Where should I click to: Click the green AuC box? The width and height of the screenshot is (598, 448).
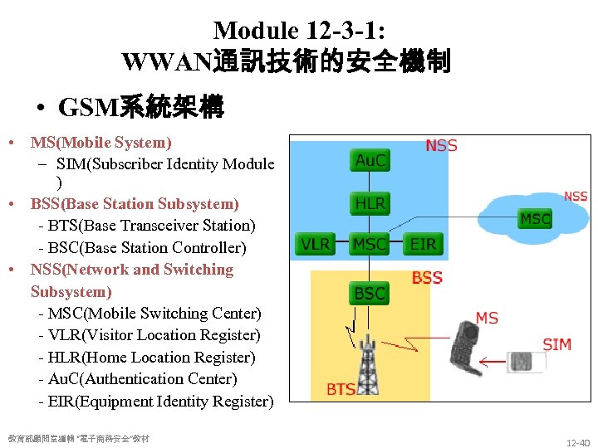pyautogui.click(x=370, y=160)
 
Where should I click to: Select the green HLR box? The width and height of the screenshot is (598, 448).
pyautogui.click(x=370, y=203)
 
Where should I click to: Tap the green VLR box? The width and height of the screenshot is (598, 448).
pyautogui.click(x=315, y=244)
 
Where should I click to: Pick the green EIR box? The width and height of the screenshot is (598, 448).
pyautogui.click(x=423, y=244)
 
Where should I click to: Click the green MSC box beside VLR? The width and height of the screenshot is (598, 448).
pyautogui.click(x=370, y=244)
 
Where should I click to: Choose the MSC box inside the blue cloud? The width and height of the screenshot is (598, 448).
pyautogui.click(x=535, y=219)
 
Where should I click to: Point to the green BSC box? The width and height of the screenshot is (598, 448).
pyautogui.click(x=370, y=293)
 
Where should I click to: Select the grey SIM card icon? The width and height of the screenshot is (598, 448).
pyautogui.click(x=522, y=362)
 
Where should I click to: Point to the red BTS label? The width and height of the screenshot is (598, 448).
pyautogui.click(x=341, y=388)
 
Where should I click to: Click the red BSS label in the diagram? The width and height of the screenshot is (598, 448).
pyautogui.click(x=427, y=278)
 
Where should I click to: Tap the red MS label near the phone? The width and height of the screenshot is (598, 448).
pyautogui.click(x=487, y=317)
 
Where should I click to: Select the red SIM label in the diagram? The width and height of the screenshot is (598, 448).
pyautogui.click(x=556, y=344)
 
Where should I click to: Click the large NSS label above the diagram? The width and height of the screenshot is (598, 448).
pyautogui.click(x=441, y=145)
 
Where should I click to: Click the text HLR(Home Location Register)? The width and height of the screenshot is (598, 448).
pyautogui.click(x=146, y=358)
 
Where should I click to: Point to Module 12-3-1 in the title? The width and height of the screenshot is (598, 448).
pyautogui.click(x=299, y=31)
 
